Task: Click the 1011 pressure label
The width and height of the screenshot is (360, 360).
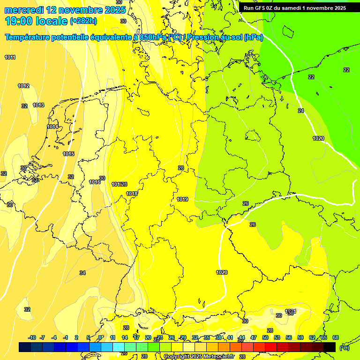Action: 10,57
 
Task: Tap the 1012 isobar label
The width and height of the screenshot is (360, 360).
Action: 23,86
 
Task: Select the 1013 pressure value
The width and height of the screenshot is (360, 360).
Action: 38,105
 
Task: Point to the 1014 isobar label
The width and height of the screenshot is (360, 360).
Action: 52,127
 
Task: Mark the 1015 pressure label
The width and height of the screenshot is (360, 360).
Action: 68,154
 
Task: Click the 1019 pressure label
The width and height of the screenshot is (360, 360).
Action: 182,200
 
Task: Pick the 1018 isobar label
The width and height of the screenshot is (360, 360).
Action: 132,194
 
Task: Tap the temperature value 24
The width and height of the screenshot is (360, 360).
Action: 301,111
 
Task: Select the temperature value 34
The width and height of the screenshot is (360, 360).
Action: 82,273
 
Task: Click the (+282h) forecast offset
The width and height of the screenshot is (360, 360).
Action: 83,21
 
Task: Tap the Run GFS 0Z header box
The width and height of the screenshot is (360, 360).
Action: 295,8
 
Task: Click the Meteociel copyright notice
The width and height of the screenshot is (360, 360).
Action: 199,357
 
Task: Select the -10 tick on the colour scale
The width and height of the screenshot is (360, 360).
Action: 32,338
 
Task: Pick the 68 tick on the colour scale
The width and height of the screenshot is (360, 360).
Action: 336,338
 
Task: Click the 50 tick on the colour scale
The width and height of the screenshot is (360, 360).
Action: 265,338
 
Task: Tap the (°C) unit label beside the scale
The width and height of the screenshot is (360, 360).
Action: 344,347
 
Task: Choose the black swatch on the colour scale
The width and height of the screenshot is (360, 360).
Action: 330,347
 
